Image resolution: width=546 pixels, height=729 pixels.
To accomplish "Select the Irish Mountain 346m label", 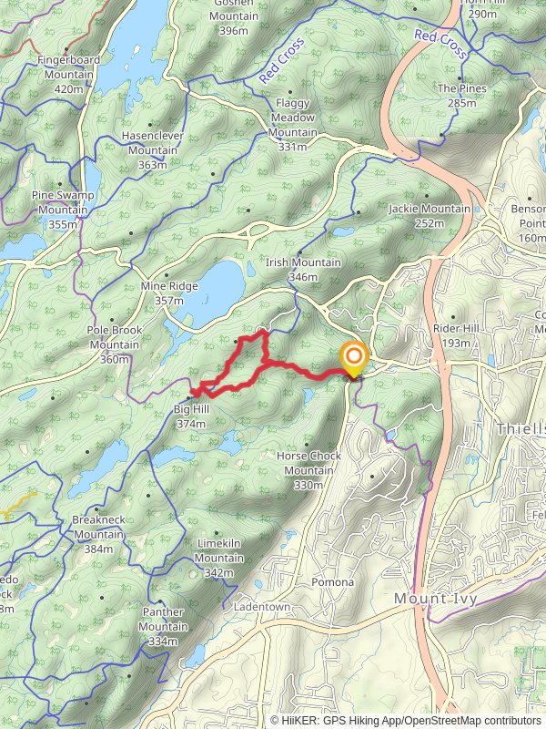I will click(x=303, y=270).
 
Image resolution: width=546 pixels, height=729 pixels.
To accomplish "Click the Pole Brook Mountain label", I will click(x=114, y=338).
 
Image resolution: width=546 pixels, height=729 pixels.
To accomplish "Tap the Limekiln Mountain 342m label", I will click(x=218, y=551).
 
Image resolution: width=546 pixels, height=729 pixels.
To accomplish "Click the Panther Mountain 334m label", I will click(x=163, y=626).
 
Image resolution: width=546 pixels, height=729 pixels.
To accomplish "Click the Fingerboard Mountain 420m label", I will click(x=68, y=74).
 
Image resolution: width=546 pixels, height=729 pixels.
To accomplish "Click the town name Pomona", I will click(x=332, y=582).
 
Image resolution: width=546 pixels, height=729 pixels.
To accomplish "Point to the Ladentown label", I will click(x=261, y=607).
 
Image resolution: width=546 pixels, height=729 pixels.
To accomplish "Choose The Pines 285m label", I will click(x=461, y=96).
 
